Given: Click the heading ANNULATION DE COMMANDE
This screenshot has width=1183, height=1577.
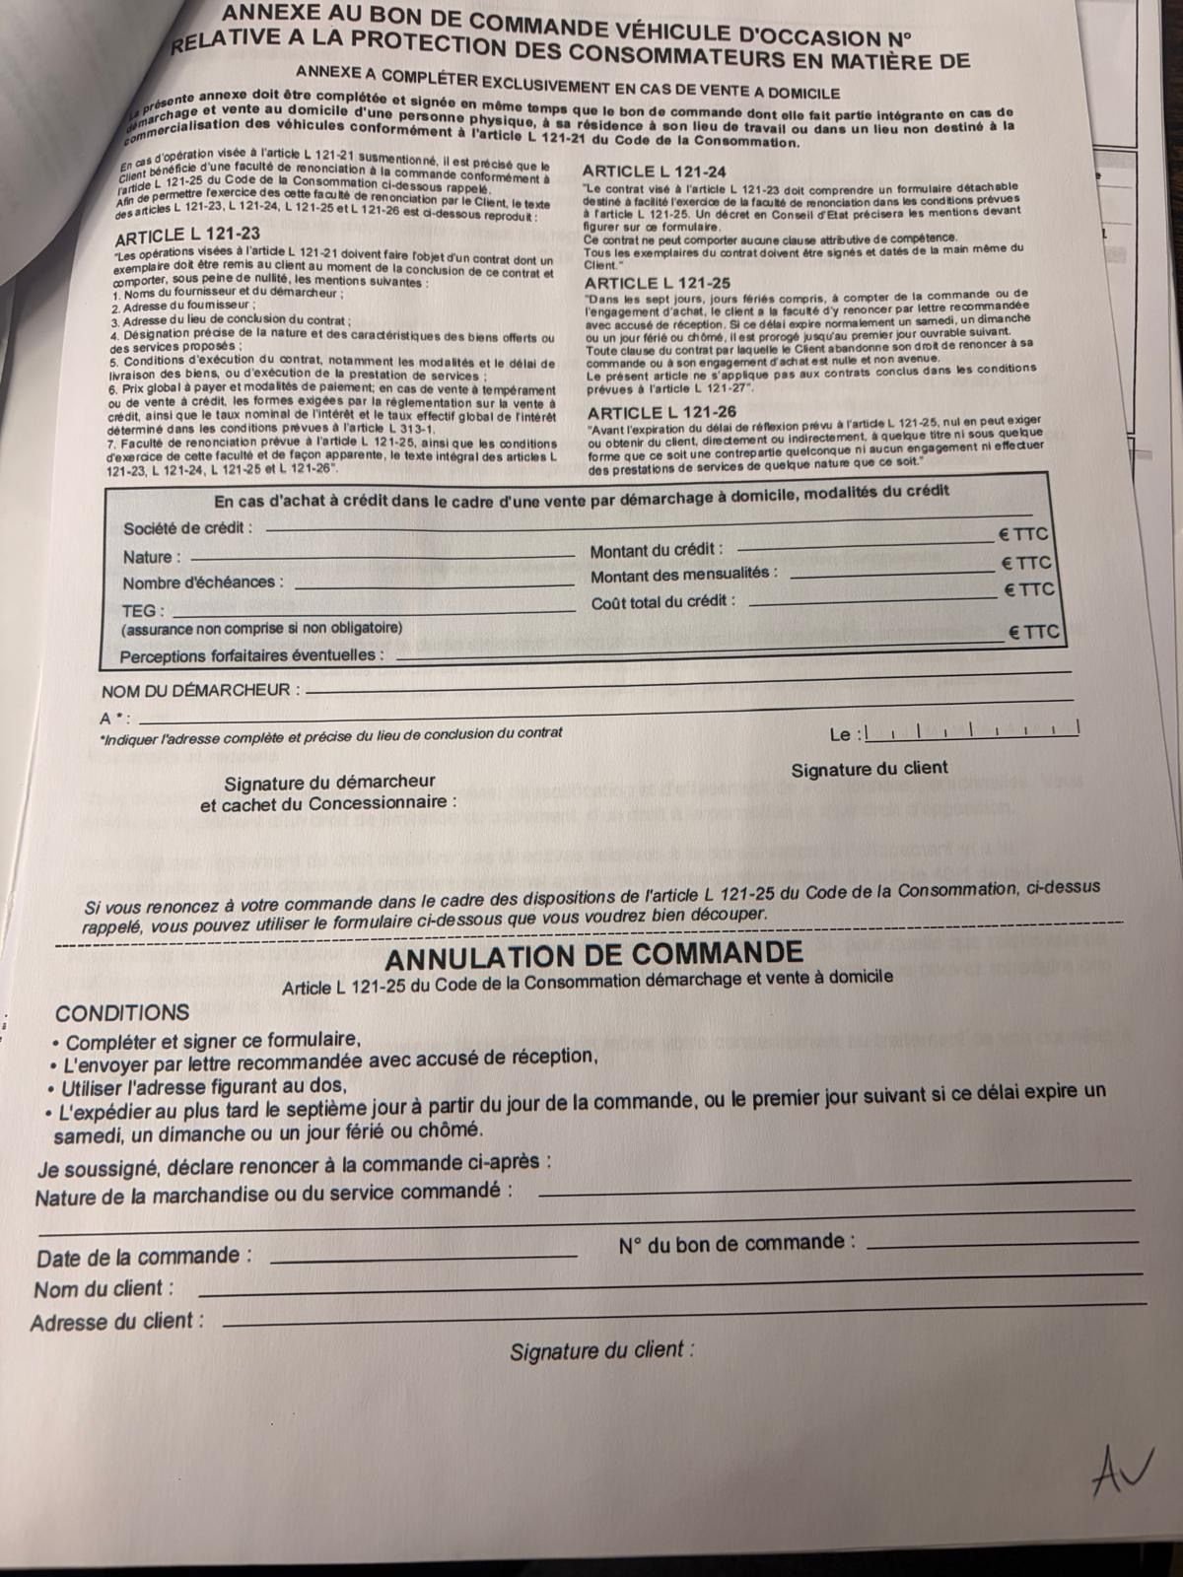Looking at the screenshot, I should coord(593,955).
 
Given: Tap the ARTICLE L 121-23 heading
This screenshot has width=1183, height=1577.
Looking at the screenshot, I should coord(187,236).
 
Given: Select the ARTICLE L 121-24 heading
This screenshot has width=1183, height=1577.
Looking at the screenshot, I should coord(655,171).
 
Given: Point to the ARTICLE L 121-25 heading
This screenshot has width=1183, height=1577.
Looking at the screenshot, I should coord(658,283).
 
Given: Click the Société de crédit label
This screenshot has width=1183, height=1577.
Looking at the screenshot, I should coord(187,528).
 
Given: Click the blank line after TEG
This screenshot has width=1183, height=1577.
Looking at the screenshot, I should coord(375,611).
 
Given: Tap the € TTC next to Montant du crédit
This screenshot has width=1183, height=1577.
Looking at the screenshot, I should coord(1022,536).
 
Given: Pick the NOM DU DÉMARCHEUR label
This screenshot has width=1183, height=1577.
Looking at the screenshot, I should coord(200,690).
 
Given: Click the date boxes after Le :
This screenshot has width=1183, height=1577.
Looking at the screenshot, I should coord(971,730).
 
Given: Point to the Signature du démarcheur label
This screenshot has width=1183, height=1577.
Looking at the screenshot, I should coord(315,784).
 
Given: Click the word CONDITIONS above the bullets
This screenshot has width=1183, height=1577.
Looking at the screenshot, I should coord(122,1013).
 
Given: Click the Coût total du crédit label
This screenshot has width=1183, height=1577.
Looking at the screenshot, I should coord(663,601).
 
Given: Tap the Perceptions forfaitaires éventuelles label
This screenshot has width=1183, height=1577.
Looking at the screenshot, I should coord(252,655).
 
